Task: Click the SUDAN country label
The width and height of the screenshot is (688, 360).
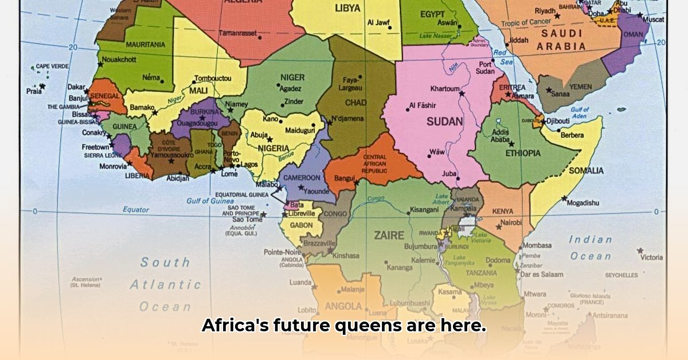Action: pos(444,122)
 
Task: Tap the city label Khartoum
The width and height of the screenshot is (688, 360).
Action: pos(445,89)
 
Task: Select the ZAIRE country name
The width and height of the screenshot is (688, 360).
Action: pos(389,235)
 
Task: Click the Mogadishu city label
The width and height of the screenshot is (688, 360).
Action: pos(583,202)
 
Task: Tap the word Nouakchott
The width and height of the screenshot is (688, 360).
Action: pos(119,59)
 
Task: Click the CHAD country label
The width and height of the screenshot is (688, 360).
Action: pos(356,103)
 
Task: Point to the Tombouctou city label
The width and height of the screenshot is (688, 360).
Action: pos(212,78)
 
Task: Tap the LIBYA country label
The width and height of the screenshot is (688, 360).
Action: pos(347,8)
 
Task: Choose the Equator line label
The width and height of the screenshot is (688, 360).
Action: pos(136,210)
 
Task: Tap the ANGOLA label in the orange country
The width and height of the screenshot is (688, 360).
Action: pos(343,306)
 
